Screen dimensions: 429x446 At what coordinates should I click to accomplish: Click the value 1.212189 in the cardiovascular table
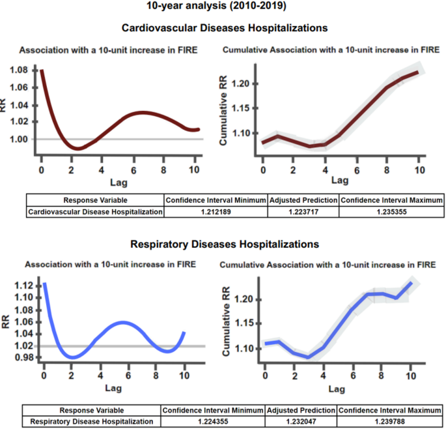215,212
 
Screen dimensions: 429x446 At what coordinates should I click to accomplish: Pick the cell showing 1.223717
303,212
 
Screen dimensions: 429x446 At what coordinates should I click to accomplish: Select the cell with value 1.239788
389,422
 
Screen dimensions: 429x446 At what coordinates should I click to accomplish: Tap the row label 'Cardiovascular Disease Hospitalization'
95,212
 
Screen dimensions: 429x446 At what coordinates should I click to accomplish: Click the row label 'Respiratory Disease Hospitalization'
92,422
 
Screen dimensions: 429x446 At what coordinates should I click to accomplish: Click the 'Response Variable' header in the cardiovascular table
95,200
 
